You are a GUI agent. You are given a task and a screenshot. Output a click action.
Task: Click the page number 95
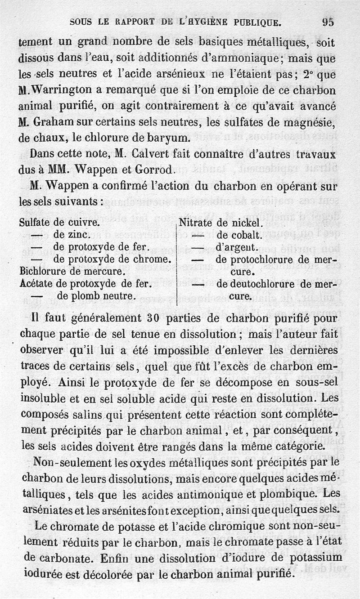[328, 22]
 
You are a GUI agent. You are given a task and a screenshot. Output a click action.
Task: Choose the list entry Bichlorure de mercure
[72, 272]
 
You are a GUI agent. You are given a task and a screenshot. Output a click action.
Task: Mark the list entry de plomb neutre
[94, 296]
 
